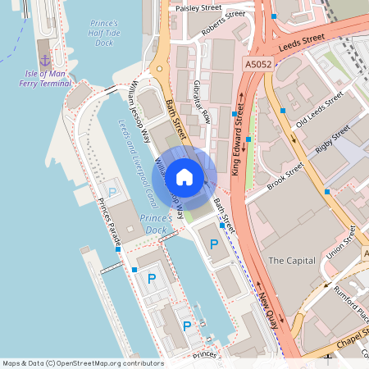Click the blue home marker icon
pos(184,176)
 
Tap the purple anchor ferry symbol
pos(45,58)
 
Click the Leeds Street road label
pos(302,43)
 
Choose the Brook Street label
pos(285,175)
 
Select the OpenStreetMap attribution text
pos(82,362)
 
